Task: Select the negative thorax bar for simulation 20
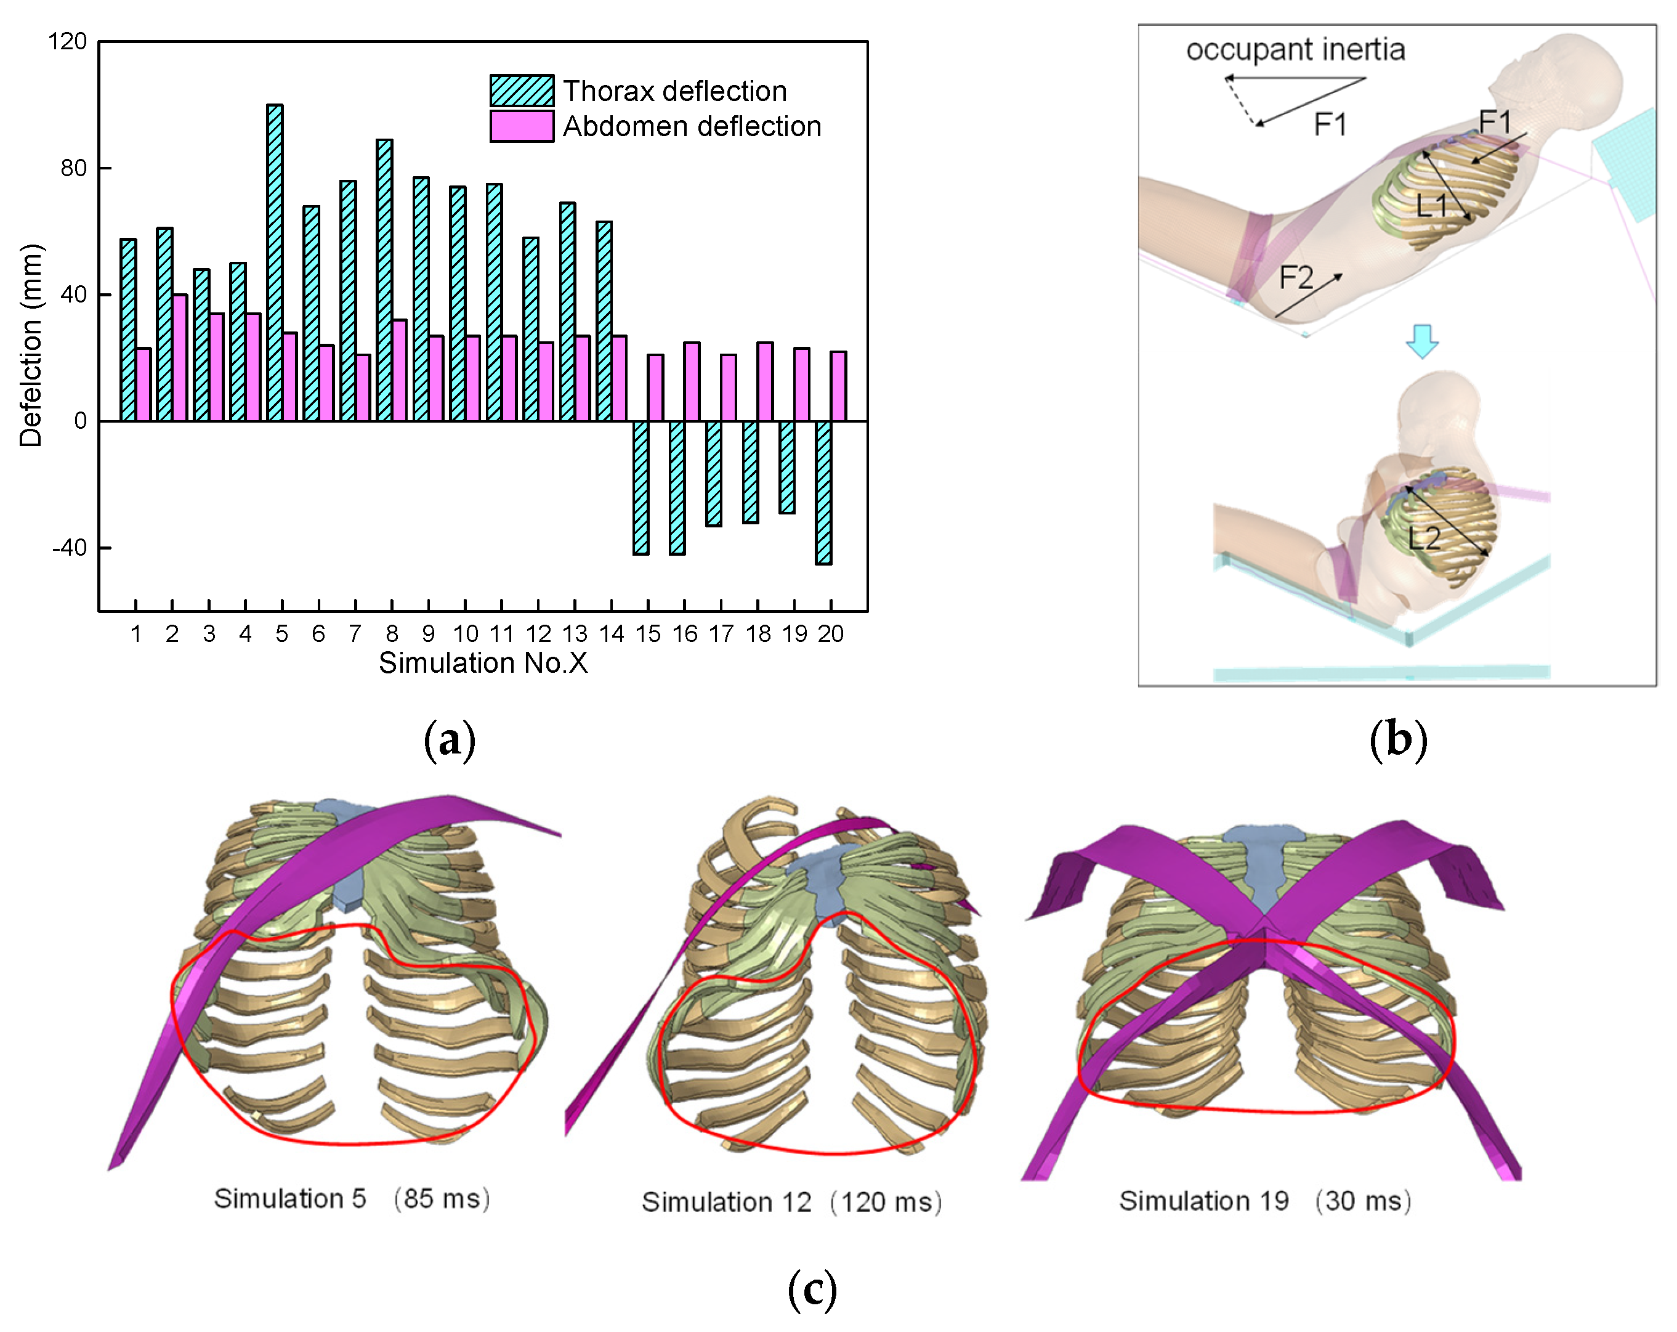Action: (x=824, y=492)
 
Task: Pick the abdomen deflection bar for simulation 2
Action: (x=179, y=358)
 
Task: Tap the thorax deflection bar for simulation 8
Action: (x=384, y=280)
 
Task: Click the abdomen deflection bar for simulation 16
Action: (x=692, y=381)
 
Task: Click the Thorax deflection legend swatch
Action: (x=521, y=91)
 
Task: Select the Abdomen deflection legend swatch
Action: (x=521, y=126)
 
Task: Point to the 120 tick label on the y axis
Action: (x=67, y=41)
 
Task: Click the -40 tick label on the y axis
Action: (x=69, y=548)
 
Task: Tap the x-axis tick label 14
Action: (x=612, y=634)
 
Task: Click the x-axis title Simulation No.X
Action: (x=483, y=663)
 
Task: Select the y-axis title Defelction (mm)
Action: (x=31, y=346)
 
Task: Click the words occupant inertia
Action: (x=1295, y=50)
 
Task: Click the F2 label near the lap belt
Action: (x=1296, y=277)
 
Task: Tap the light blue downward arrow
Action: (x=1422, y=341)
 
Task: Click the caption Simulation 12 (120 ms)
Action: (x=791, y=1202)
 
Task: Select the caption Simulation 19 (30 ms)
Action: (x=1265, y=1201)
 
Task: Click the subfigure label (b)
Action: (x=1398, y=739)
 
